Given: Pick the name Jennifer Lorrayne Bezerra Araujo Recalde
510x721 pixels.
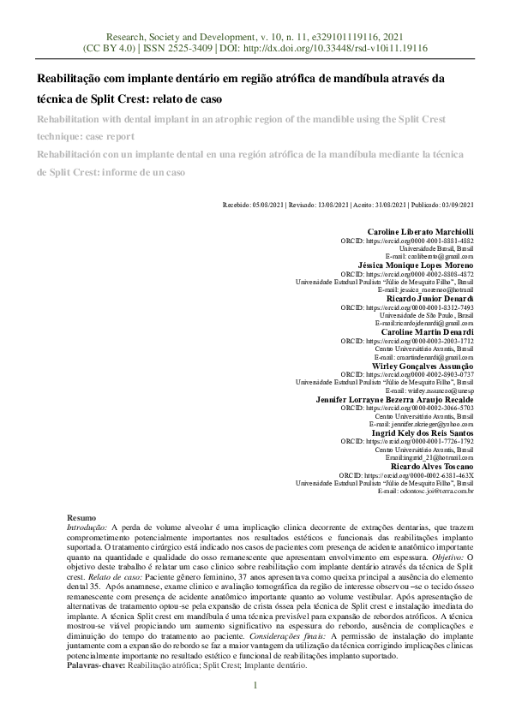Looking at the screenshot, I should pos(395,399).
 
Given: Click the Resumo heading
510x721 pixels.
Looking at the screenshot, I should pos(81,519).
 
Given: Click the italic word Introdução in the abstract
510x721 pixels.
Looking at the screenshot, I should pos(86,528).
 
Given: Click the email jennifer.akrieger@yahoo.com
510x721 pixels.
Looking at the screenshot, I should pos(429,424).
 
